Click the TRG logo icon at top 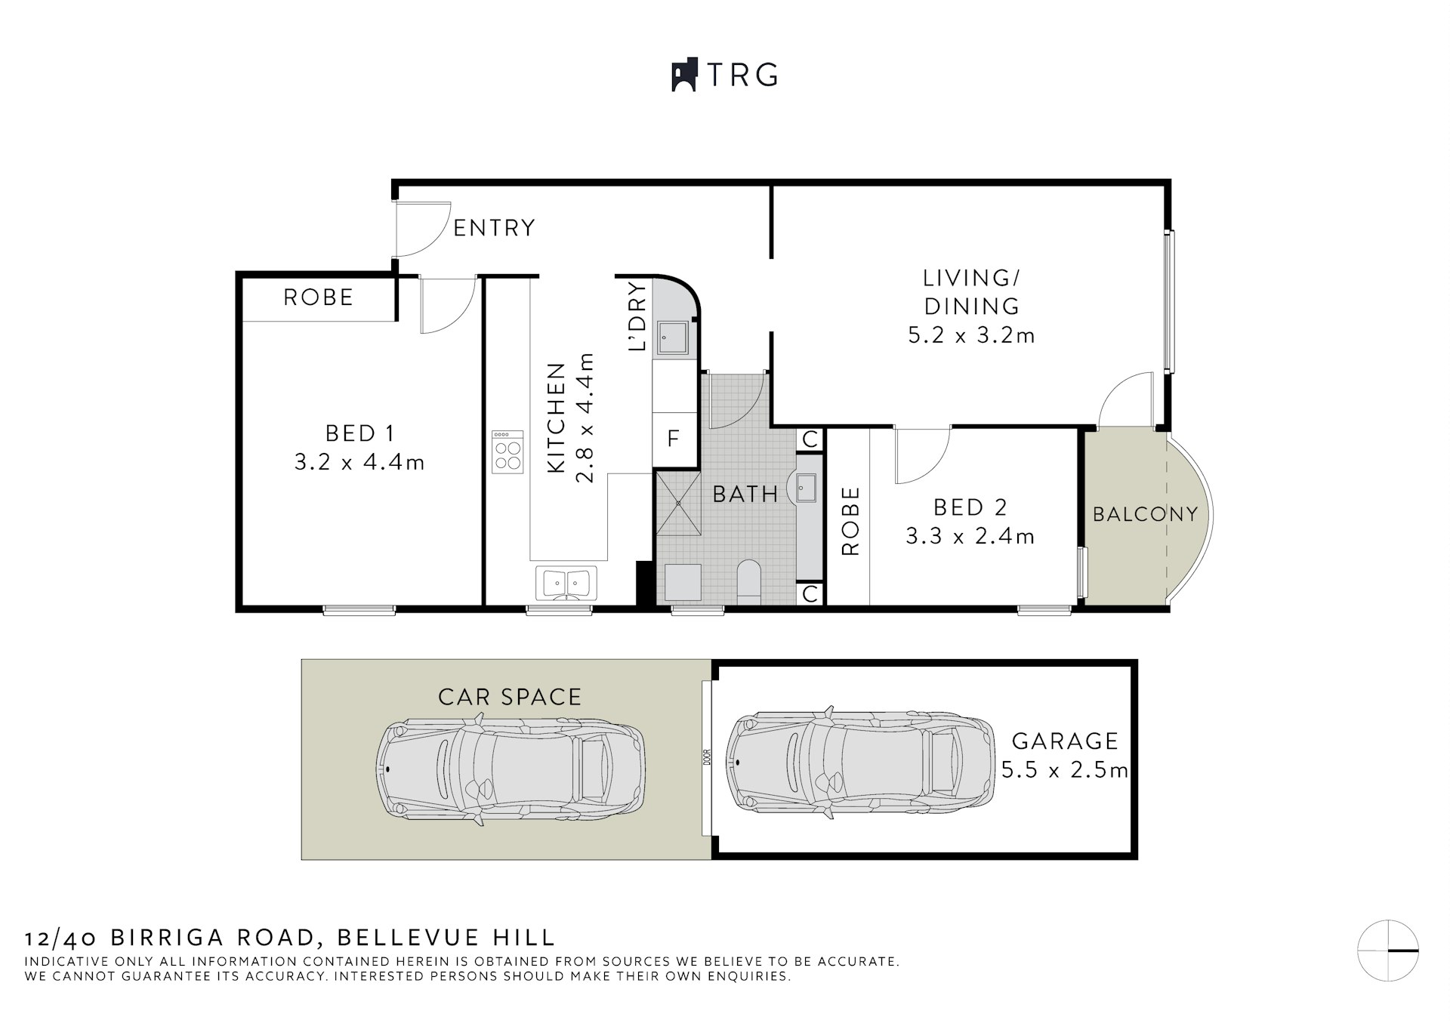pos(683,75)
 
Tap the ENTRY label pos(494,227)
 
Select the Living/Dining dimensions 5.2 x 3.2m pos(971,335)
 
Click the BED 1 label pos(359,433)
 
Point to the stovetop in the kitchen pos(507,452)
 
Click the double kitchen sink pos(566,584)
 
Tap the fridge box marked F pos(674,438)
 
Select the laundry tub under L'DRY pos(671,336)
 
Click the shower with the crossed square pos(678,503)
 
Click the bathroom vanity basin pos(805,488)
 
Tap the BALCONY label pos(1145,514)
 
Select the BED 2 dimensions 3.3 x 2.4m pos(970,536)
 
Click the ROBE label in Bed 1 pos(318,297)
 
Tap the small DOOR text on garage pos(708,756)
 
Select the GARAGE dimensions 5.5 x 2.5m pos(1065,770)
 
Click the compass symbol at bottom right pos(1388,951)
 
